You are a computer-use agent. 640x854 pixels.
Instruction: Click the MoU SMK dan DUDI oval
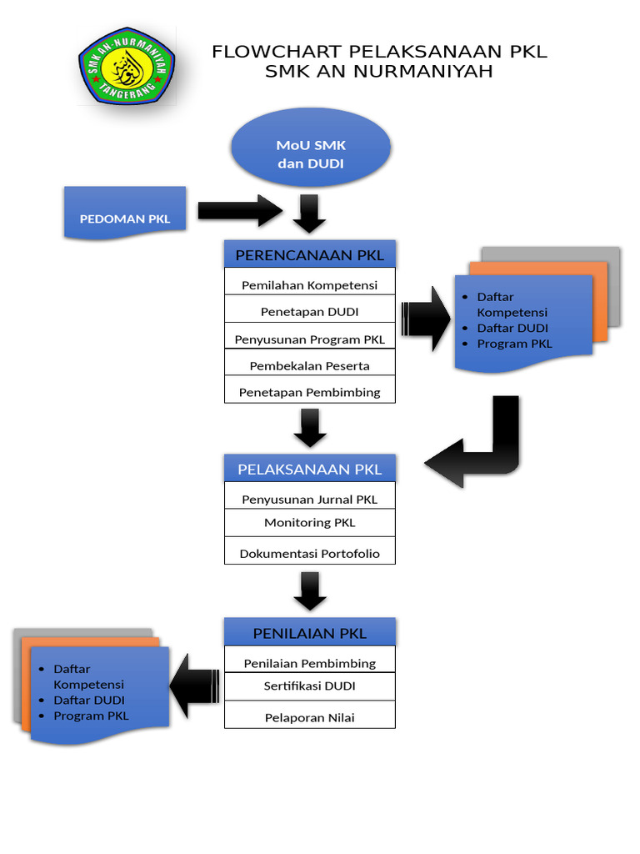coord(310,154)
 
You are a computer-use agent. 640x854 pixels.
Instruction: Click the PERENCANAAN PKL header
coord(309,254)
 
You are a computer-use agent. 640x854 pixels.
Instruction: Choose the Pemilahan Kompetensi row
coord(309,284)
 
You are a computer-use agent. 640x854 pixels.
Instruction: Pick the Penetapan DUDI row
coord(309,311)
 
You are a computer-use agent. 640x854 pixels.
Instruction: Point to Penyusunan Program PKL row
coord(309,339)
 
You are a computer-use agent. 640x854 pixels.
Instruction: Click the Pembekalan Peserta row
coord(309,365)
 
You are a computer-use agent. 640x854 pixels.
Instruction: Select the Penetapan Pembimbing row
coord(309,391)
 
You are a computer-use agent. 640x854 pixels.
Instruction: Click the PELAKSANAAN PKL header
coord(309,469)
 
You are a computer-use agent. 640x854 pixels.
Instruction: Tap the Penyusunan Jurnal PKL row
coord(309,499)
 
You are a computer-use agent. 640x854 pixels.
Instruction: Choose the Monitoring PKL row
coord(309,522)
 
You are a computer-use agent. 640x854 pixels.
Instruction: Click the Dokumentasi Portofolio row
coord(309,552)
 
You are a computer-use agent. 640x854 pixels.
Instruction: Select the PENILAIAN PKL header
coord(309,633)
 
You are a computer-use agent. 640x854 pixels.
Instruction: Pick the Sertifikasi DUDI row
coord(309,686)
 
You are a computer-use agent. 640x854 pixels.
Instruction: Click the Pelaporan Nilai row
coord(309,716)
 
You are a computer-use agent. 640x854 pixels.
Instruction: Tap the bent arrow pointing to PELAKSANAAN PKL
coord(479,450)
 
